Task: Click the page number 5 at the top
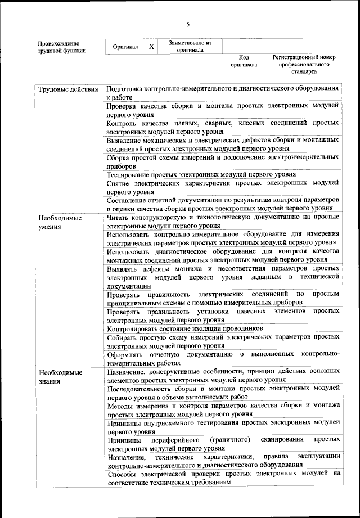coord(188,24)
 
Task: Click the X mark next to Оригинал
coord(151,47)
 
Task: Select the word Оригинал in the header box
coord(125,47)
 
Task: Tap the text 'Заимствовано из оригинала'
coord(190,46)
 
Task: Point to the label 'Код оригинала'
coord(244,61)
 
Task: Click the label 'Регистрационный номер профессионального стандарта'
coord(304,64)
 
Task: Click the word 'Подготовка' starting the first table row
coord(124,89)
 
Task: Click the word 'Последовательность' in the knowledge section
coord(141,388)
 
